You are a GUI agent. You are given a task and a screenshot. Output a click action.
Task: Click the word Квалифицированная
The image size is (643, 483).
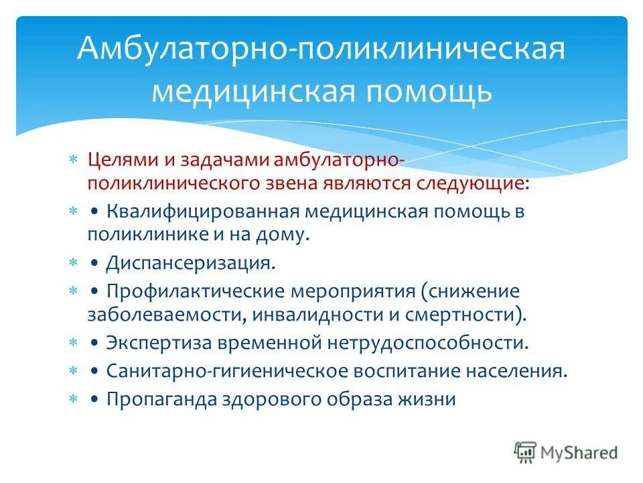(203, 213)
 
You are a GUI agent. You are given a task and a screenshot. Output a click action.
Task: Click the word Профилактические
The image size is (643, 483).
(196, 292)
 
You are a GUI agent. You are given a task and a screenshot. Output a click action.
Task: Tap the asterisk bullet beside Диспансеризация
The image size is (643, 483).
(73, 263)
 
